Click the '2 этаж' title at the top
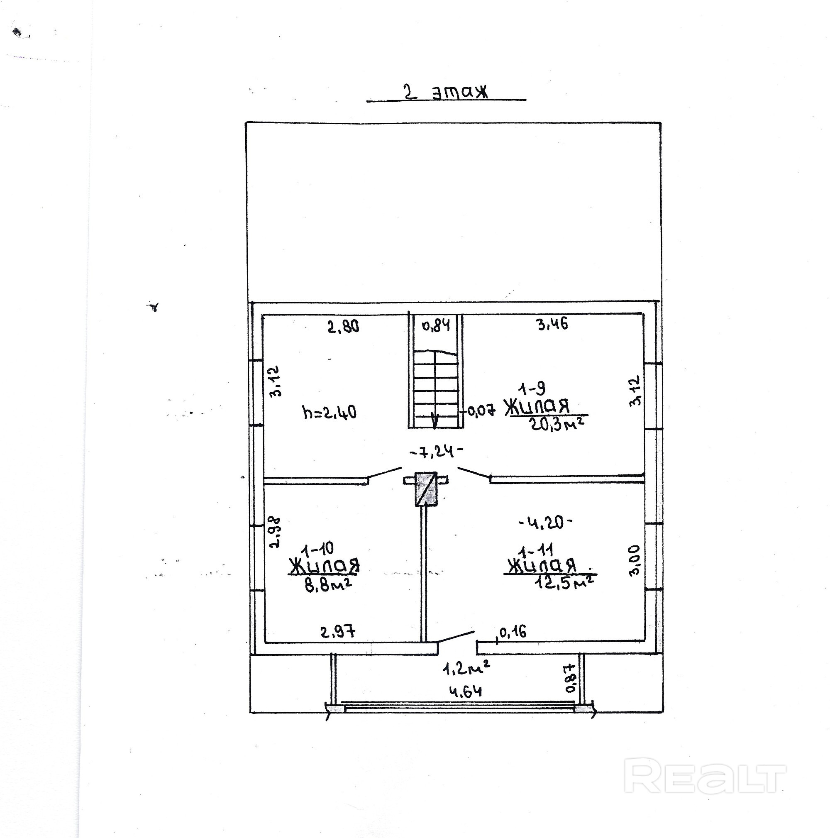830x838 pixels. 446,92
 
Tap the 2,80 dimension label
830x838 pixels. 343,326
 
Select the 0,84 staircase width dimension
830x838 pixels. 436,325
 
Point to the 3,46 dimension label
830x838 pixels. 552,324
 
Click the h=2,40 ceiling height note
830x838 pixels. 330,412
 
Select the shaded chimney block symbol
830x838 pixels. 425,489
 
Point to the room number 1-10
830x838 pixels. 318,549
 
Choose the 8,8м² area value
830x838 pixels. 328,586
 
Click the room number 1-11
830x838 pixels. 537,551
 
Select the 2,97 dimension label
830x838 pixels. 338,632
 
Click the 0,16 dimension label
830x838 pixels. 513,632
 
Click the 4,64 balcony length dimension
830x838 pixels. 465,691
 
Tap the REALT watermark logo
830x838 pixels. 705,782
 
